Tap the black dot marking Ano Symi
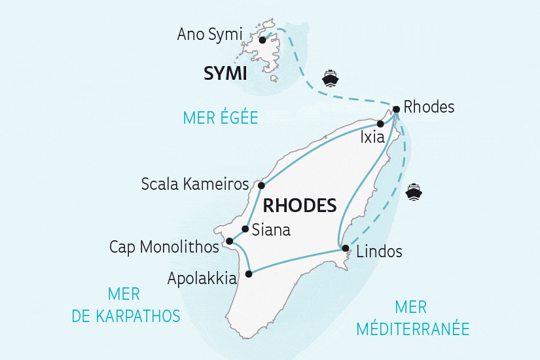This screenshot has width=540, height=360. pos(262,40)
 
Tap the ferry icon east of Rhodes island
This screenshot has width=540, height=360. pos(414,192)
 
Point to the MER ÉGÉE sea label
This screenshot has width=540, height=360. pos(221,118)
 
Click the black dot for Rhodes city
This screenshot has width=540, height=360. pos(396,109)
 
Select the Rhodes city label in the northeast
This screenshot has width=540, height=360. pos(429,107)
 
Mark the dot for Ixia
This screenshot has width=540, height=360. pos(380,123)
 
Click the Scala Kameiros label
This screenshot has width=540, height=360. pos(195,185)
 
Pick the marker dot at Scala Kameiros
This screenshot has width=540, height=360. pos(261,185)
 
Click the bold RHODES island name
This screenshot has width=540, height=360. pos(299,206)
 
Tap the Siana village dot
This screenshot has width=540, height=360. pos(245,229)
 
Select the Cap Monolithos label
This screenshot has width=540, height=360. pos(164,247)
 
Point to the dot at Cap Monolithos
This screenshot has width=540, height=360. pos(229,242)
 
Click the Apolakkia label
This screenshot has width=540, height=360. pos(202,278)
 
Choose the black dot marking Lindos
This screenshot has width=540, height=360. pos(345,248)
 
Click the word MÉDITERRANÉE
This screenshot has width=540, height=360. pos(413,329)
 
